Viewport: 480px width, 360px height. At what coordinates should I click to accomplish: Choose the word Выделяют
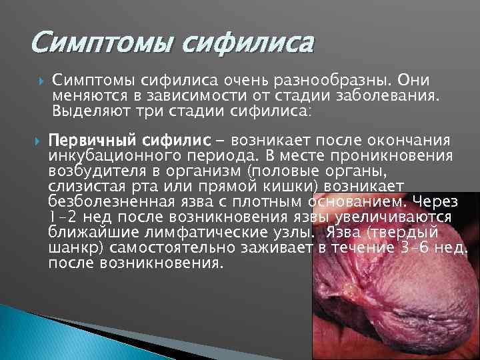87,110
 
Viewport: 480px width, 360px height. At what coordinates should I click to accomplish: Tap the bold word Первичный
93,141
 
